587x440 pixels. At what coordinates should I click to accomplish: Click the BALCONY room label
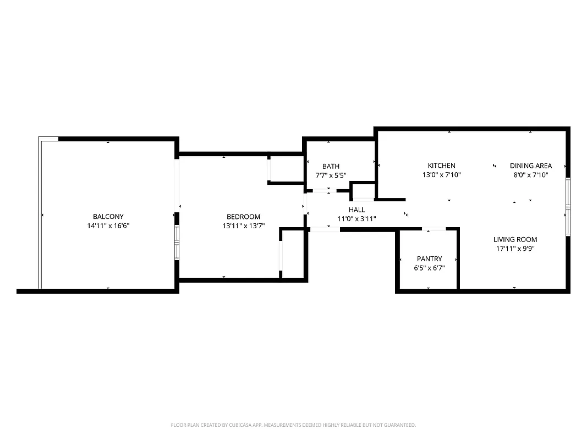[108, 217]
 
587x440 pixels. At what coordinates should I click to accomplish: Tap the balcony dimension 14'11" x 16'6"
[108, 226]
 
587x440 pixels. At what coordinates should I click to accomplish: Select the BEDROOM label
[243, 217]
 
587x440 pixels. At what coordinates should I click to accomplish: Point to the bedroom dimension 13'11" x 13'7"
[243, 226]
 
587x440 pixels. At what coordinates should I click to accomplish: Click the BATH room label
[331, 166]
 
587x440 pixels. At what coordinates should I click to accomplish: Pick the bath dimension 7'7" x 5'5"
[331, 175]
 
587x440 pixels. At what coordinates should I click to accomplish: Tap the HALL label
[356, 210]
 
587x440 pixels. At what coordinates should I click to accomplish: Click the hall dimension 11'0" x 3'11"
[356, 219]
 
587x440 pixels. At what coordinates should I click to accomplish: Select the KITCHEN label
[441, 166]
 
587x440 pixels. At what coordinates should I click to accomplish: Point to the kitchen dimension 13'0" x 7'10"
[441, 175]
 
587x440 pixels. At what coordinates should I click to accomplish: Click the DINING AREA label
[530, 166]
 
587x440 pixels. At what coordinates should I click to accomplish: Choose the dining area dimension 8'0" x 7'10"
[530, 175]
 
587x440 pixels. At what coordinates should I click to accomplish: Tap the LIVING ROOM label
[515, 239]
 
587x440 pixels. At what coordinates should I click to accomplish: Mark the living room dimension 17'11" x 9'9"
[515, 248]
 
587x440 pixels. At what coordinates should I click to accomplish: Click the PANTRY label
[429, 259]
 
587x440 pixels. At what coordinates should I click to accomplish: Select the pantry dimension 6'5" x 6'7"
[429, 268]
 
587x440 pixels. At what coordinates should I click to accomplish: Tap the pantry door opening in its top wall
[434, 228]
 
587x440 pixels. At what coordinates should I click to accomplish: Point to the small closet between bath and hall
[363, 191]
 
